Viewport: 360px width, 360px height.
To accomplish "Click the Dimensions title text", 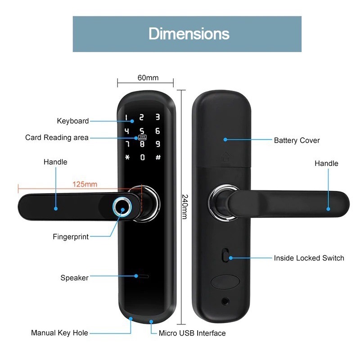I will pyautogui.click(x=189, y=34).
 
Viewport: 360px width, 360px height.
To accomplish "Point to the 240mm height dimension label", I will pyautogui.click(x=184, y=207).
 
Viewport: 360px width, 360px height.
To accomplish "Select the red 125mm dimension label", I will pyautogui.click(x=85, y=184).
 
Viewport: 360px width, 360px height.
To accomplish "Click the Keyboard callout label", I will pyautogui.click(x=73, y=121).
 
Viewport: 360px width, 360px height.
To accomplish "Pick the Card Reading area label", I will pyautogui.click(x=57, y=138).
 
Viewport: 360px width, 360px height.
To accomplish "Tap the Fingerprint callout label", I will pyautogui.click(x=71, y=237).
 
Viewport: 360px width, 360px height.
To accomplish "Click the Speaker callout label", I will pyautogui.click(x=75, y=278).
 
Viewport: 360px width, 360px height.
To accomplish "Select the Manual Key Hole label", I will pyautogui.click(x=59, y=333).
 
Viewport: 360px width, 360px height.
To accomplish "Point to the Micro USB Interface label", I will pyautogui.click(x=192, y=333).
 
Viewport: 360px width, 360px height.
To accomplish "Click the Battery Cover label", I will pyautogui.click(x=297, y=140).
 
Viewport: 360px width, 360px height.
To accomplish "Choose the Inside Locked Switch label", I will pyautogui.click(x=309, y=258).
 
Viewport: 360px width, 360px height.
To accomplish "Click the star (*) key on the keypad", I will pyautogui.click(x=127, y=157).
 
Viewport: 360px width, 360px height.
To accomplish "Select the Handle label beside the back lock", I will pyautogui.click(x=326, y=163).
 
